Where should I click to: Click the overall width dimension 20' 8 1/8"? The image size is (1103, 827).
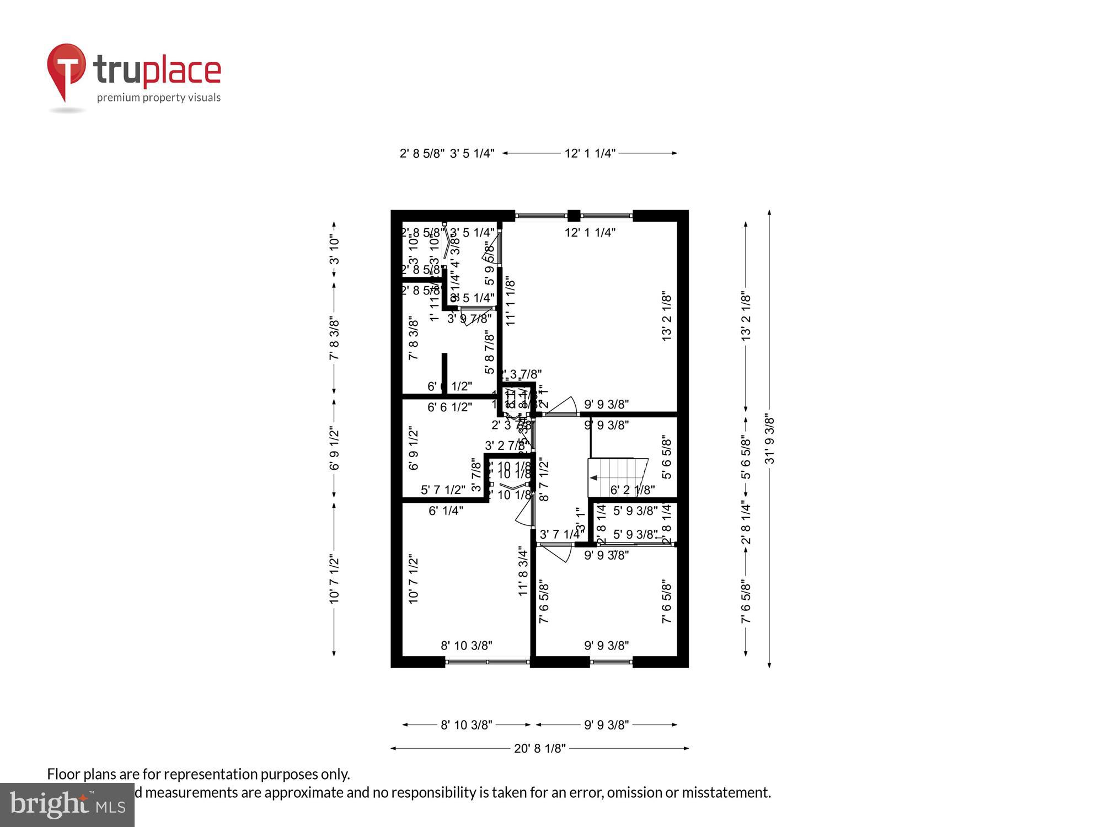pos(540,748)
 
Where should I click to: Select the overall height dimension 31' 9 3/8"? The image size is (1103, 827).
pos(770,439)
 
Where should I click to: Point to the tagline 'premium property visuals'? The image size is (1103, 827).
pos(159,98)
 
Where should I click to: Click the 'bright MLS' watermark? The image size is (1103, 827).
pos(67,805)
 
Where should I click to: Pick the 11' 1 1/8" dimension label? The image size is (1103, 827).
pos(511,301)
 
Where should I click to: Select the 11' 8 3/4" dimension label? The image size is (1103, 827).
pos(523,571)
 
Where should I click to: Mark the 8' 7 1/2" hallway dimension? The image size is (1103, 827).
pos(544,480)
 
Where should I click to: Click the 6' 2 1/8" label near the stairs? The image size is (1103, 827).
pos(633,490)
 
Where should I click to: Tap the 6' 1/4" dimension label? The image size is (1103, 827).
pos(446,511)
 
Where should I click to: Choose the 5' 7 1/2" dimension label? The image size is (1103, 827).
pos(443,490)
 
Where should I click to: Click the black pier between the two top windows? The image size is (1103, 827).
pos(574,216)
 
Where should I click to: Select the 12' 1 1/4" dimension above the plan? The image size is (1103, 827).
pos(590,153)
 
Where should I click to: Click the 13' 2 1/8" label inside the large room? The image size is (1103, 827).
pos(667,316)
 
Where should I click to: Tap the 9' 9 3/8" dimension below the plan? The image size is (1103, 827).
pos(607,725)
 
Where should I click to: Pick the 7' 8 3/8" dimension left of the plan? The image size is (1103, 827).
pos(334,339)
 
